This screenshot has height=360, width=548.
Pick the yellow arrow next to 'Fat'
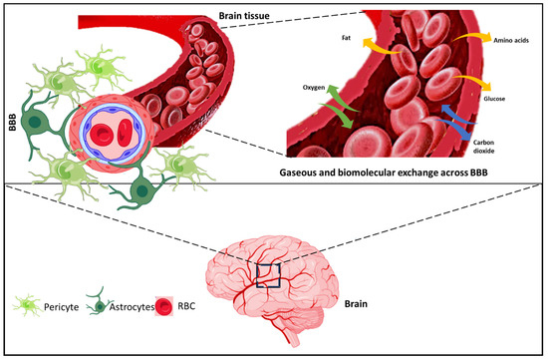[374, 47]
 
